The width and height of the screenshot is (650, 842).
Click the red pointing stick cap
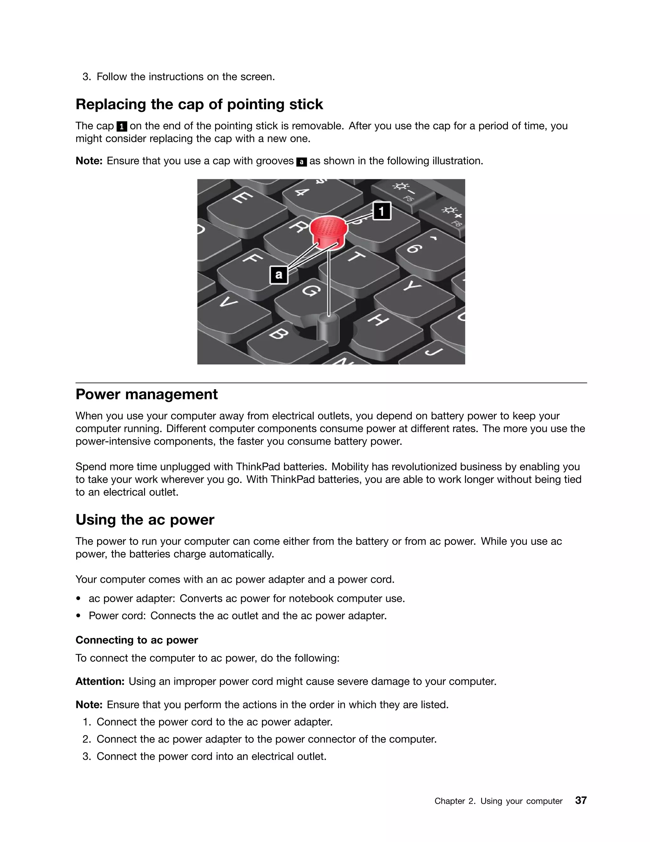click(328, 230)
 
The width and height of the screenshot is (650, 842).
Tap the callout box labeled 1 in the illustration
click(381, 211)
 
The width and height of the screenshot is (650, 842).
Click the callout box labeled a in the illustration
click(279, 275)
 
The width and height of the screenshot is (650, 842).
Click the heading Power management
click(146, 394)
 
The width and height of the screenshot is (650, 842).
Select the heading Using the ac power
click(145, 520)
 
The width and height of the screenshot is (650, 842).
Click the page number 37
click(581, 800)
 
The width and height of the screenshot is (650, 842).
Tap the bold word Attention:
click(100, 681)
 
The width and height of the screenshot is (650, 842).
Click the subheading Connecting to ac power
click(137, 640)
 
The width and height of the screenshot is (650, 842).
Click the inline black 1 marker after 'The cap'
click(122, 126)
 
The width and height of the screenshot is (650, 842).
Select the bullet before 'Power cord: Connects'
click(79, 616)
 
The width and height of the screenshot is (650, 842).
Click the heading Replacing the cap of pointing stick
click(199, 104)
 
